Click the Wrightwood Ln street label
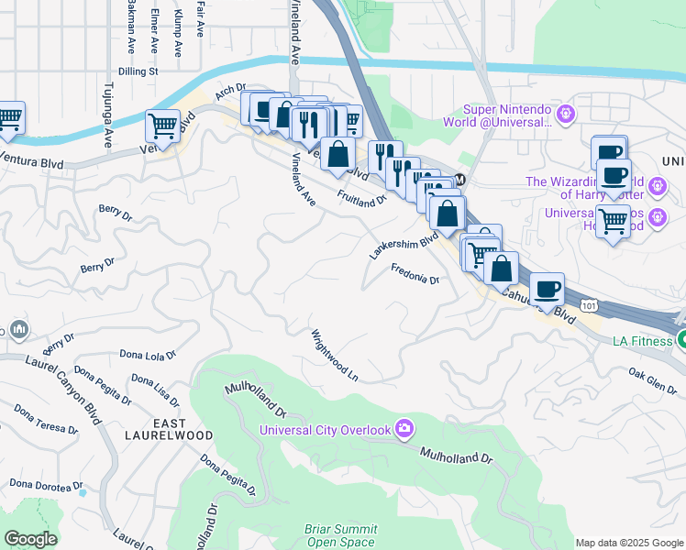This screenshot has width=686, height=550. coord(334,355)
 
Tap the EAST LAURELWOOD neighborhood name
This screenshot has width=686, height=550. coord(183,428)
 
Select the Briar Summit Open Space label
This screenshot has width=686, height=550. coord(341,535)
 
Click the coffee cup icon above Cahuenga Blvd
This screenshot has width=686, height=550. coord(548,289)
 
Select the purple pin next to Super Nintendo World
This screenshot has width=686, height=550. coord(566,114)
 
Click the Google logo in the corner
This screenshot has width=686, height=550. coord(30,539)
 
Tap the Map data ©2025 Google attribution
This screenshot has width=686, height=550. coord(629,543)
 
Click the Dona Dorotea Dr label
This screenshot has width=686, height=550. coord(47,484)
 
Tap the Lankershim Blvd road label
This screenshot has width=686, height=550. coord(404,245)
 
